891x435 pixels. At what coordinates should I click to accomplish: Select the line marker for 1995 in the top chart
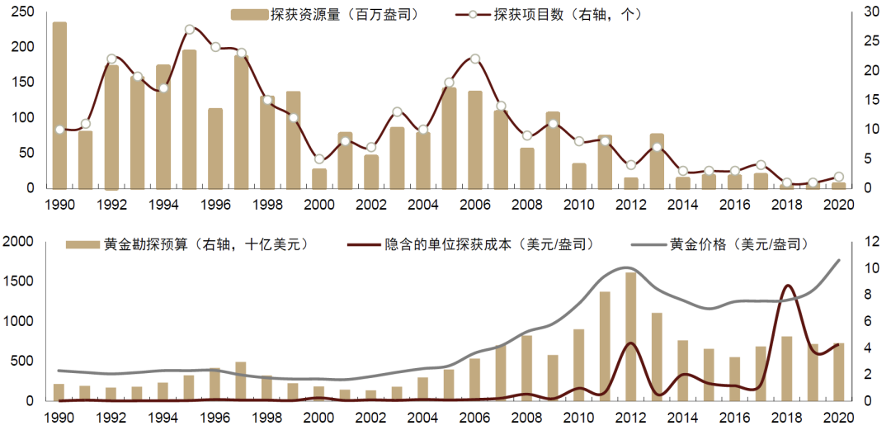click(190, 30)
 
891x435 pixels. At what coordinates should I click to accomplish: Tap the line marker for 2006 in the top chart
click(474, 59)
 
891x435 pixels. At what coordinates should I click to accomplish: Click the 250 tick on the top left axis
click(23, 12)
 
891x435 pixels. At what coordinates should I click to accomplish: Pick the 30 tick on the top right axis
click(871, 12)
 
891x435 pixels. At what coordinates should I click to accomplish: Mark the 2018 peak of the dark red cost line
click(787, 286)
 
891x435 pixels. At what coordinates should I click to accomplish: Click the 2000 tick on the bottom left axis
click(19, 241)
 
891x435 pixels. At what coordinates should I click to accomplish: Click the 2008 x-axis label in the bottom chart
click(527, 418)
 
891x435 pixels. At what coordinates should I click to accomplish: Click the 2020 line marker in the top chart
click(839, 177)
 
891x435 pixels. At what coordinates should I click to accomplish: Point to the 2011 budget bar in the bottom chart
click(605, 347)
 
